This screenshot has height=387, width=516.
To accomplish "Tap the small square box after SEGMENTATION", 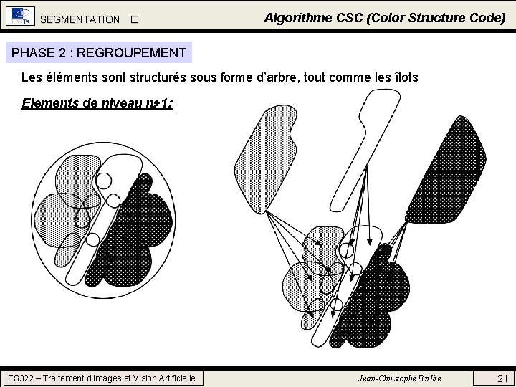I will (x=133, y=19).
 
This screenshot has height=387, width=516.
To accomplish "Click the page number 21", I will (x=502, y=378).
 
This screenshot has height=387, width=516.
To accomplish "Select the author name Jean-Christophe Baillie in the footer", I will (x=399, y=378).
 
